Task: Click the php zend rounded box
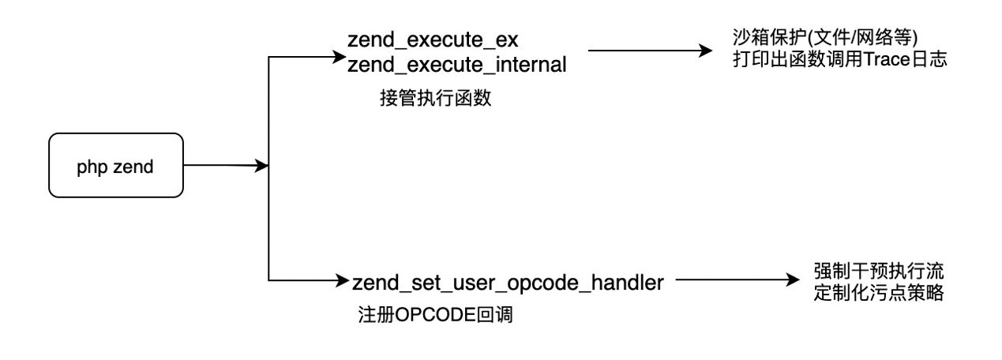point(116,165)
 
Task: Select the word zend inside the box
point(133,167)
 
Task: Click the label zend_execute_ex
point(433,40)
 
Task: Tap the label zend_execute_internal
point(456,65)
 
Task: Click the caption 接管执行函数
point(436,98)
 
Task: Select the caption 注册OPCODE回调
point(435,315)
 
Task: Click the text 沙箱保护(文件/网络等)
point(825,38)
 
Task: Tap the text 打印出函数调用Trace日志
point(839,59)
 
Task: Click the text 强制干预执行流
point(879,271)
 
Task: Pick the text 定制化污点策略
point(879,293)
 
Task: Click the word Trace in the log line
point(886,59)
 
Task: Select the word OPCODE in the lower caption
point(435,315)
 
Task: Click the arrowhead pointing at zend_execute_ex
point(340,57)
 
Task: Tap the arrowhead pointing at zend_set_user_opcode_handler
point(341,280)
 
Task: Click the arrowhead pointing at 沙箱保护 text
point(705,51)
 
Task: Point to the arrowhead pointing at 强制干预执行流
point(792,280)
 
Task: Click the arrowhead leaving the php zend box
point(261,166)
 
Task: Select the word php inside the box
point(92,167)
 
